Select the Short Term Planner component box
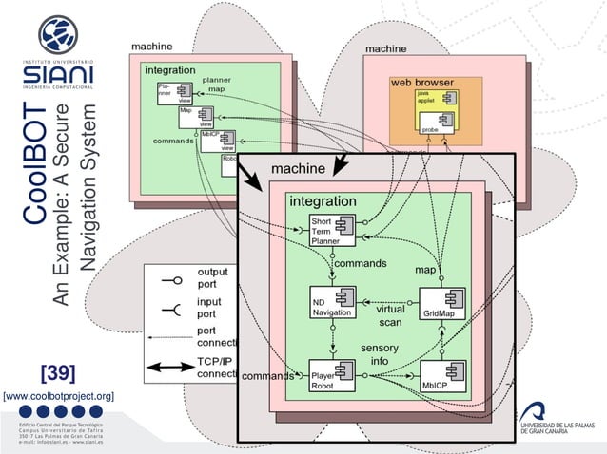pyautogui.click(x=332, y=230)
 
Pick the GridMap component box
pyautogui.click(x=442, y=302)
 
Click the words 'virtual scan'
pyautogui.click(x=390, y=315)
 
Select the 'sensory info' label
pyautogui.click(x=379, y=354)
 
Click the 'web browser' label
pyautogui.click(x=422, y=83)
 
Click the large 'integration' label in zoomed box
pyautogui.click(x=323, y=201)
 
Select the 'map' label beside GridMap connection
pyautogui.click(x=425, y=271)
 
